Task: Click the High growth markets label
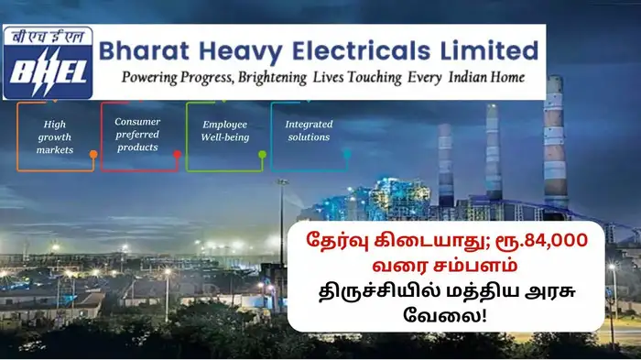[x=54, y=136]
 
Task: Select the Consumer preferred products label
[x=136, y=134]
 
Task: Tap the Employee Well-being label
[x=224, y=130]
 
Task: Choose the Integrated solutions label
[x=308, y=130]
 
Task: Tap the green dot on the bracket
[x=262, y=154]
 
